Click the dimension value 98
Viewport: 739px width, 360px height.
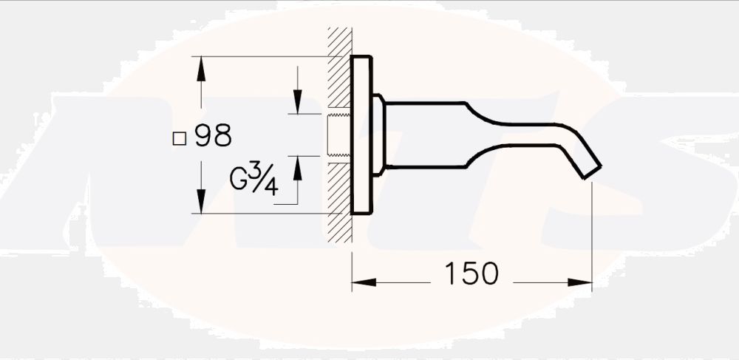[x=214, y=136]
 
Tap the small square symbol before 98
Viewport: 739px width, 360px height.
[x=178, y=137]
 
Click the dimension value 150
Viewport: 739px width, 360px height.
[x=471, y=274]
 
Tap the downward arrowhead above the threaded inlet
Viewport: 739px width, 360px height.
[x=297, y=103]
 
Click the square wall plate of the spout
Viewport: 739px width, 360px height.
[x=361, y=136]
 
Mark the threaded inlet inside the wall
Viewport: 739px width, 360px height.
[x=338, y=135]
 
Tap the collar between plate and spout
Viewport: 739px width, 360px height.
[x=378, y=136]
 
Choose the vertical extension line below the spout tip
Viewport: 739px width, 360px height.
[x=593, y=229]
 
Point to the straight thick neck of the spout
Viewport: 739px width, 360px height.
[x=425, y=135]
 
